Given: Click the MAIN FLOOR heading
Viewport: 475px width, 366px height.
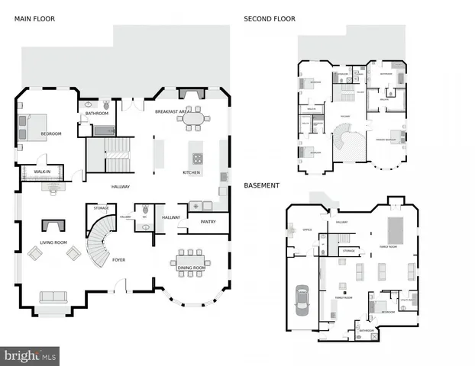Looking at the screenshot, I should (x=35, y=18).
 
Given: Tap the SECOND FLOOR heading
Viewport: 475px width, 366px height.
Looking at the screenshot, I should (x=269, y=18).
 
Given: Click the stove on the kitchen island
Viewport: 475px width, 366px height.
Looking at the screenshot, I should (x=197, y=159).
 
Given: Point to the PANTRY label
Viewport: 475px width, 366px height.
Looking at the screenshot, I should (x=208, y=222).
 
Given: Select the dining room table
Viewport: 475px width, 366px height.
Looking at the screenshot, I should (x=192, y=257).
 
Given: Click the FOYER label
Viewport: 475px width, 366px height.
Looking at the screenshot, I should (x=118, y=259).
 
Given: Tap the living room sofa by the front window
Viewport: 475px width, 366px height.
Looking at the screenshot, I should (x=53, y=297).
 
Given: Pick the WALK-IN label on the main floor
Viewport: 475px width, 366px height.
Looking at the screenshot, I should (x=43, y=172).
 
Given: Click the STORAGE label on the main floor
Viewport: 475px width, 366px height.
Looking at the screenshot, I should (x=101, y=207).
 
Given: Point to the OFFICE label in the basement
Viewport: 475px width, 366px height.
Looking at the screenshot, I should (x=307, y=230).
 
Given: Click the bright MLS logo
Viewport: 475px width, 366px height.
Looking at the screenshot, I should (x=31, y=355).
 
